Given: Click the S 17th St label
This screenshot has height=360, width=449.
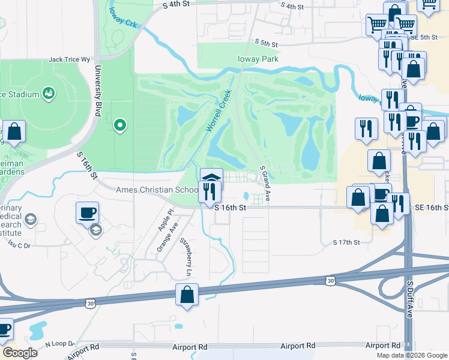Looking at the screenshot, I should point(346,242).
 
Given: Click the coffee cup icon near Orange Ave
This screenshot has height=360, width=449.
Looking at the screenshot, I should point(88,212).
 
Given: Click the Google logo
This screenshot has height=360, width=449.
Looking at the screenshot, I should point(20,353).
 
